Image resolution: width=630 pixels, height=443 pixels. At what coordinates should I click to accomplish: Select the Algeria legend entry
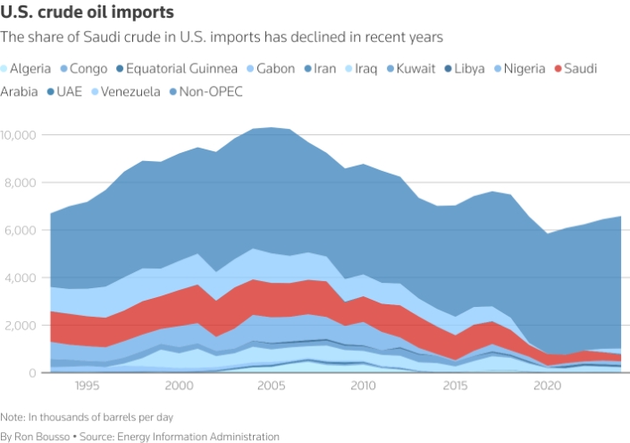pyautogui.click(x=34, y=68)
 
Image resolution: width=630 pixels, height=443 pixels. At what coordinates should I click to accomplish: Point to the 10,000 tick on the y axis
pyautogui.click(x=19, y=135)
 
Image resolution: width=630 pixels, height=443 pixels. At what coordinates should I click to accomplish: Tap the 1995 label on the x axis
pyautogui.click(x=87, y=386)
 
